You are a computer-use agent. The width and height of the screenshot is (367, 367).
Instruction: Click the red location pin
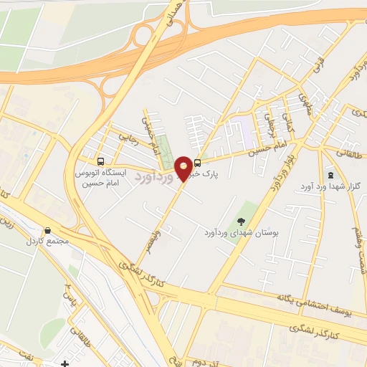pyautogui.click(x=184, y=168)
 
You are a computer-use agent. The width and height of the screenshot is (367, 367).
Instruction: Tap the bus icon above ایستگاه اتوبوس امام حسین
pyautogui.click(x=100, y=161)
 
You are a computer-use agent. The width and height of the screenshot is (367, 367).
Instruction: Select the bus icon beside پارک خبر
pyautogui.click(x=197, y=162)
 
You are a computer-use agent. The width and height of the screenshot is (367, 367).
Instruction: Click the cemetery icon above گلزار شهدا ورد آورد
pyautogui.click(x=330, y=174)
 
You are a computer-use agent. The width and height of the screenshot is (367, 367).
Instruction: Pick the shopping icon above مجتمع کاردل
pyautogui.click(x=47, y=230)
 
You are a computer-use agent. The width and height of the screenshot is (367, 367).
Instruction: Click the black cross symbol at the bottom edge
pyautogui.click(x=65, y=363)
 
